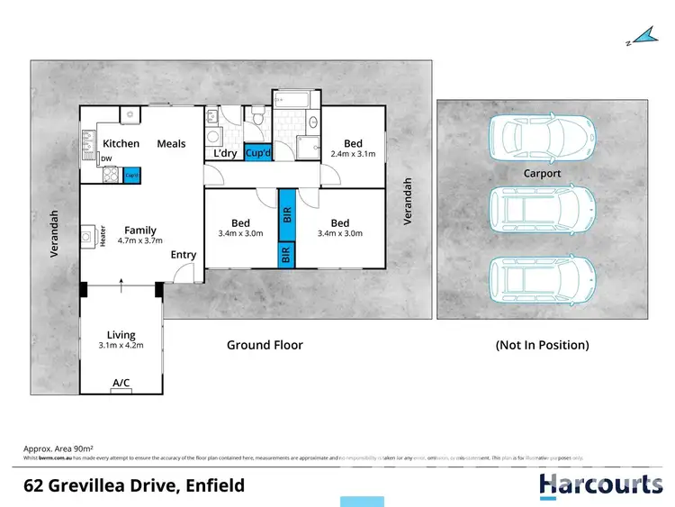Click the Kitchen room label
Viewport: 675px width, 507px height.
click(x=121, y=143)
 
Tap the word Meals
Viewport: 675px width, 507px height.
click(x=171, y=143)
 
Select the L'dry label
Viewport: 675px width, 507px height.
click(x=223, y=154)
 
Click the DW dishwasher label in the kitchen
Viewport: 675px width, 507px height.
click(x=106, y=159)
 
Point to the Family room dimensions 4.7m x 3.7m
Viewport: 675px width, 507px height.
click(x=139, y=241)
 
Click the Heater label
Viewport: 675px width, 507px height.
click(x=103, y=237)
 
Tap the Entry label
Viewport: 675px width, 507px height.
click(x=184, y=255)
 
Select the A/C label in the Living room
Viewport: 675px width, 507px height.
click(x=121, y=384)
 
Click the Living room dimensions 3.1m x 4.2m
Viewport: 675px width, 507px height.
click(x=121, y=343)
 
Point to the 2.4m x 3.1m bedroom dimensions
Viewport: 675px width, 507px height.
click(x=353, y=155)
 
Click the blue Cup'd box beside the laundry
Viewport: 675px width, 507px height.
click(x=257, y=153)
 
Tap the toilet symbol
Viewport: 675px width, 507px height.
click(x=257, y=116)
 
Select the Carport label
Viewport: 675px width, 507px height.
click(x=542, y=173)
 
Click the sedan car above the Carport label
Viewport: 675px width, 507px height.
click(x=541, y=136)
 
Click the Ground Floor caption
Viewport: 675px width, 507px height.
click(x=265, y=345)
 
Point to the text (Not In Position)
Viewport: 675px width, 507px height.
click(x=542, y=345)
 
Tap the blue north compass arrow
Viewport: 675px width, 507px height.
click(x=641, y=37)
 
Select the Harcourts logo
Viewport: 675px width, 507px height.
click(x=600, y=485)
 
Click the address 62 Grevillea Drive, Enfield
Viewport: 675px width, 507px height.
click(x=133, y=486)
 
